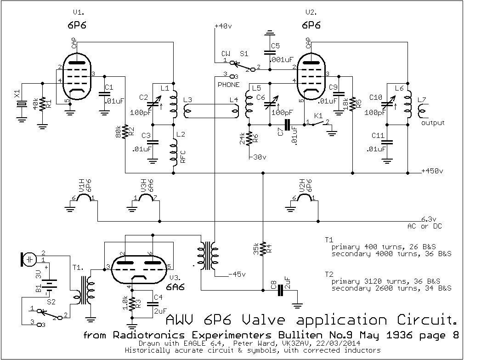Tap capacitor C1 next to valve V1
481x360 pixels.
(x=105, y=95)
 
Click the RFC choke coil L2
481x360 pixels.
(x=174, y=151)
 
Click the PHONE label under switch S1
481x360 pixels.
(x=228, y=85)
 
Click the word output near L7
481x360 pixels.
(x=433, y=123)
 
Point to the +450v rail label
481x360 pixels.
(x=432, y=171)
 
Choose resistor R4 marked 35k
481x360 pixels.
(x=263, y=250)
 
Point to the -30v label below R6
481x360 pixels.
(x=257, y=157)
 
